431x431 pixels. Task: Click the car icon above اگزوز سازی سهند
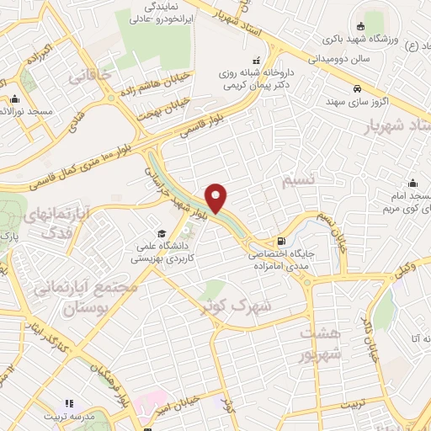359,88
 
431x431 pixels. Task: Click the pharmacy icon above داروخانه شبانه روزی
256,60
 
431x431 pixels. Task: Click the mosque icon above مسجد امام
413,184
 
